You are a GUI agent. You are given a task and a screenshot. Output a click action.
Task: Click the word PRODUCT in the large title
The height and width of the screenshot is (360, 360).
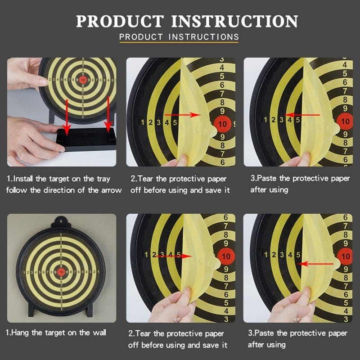tap(120, 21)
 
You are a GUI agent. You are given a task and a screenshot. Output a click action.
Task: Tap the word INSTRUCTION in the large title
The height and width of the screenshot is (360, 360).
tap(234, 21)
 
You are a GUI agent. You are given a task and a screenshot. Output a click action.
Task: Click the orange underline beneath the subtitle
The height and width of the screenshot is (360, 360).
tap(180, 43)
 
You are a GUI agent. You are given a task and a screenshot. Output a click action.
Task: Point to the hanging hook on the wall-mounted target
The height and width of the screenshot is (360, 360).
tap(60, 221)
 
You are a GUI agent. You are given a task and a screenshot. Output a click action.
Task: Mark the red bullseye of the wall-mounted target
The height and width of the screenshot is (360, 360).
tap(61, 272)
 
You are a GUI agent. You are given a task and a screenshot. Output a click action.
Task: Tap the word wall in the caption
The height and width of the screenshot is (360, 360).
tap(98, 333)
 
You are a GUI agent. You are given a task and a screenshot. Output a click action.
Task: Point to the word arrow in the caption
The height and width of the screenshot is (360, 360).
tap(110, 190)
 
